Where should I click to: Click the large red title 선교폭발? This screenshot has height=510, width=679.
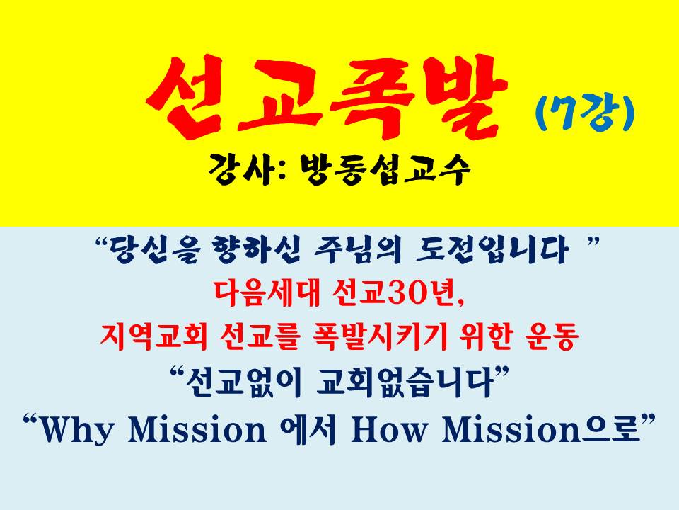327,98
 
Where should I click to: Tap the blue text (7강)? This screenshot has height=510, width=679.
585,113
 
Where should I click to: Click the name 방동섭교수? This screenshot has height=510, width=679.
385,169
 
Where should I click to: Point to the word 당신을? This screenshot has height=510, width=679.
153,250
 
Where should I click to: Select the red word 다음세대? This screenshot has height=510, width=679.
267,293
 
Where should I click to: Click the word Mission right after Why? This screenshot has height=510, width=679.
197,429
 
